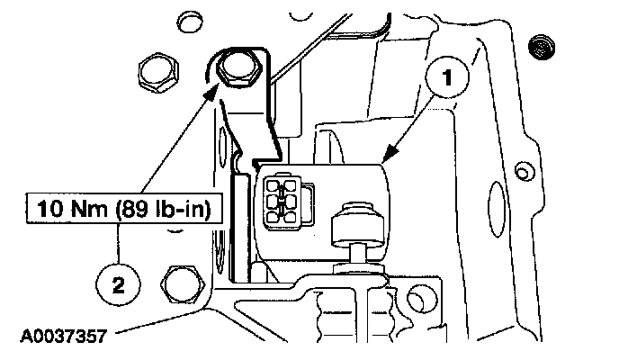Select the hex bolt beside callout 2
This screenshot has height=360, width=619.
(x=184, y=284)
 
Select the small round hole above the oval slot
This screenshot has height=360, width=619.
(x=521, y=170)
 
